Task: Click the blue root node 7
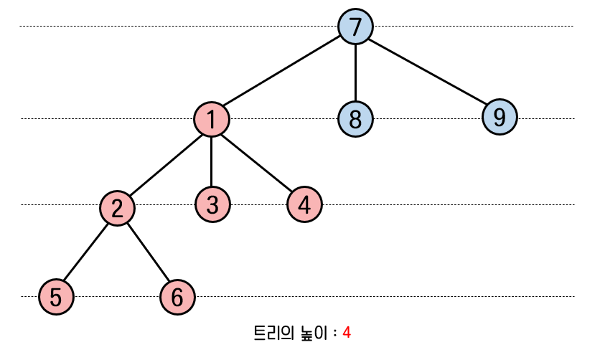click(x=355, y=27)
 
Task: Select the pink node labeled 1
click(x=211, y=119)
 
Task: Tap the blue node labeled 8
click(x=355, y=118)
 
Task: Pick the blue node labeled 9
click(x=500, y=117)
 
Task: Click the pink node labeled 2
click(x=118, y=208)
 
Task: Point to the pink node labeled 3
click(x=212, y=205)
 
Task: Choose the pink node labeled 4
click(x=304, y=205)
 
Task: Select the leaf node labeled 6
click(x=177, y=296)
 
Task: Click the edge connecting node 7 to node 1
click(x=283, y=72)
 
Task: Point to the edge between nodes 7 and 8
click(x=355, y=72)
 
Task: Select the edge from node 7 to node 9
click(x=428, y=72)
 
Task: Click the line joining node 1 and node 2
click(x=164, y=164)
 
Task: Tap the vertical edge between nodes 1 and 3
click(x=211, y=162)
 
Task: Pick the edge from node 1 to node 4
click(x=258, y=162)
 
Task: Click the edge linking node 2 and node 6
click(x=148, y=252)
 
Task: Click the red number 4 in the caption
click(x=347, y=333)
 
